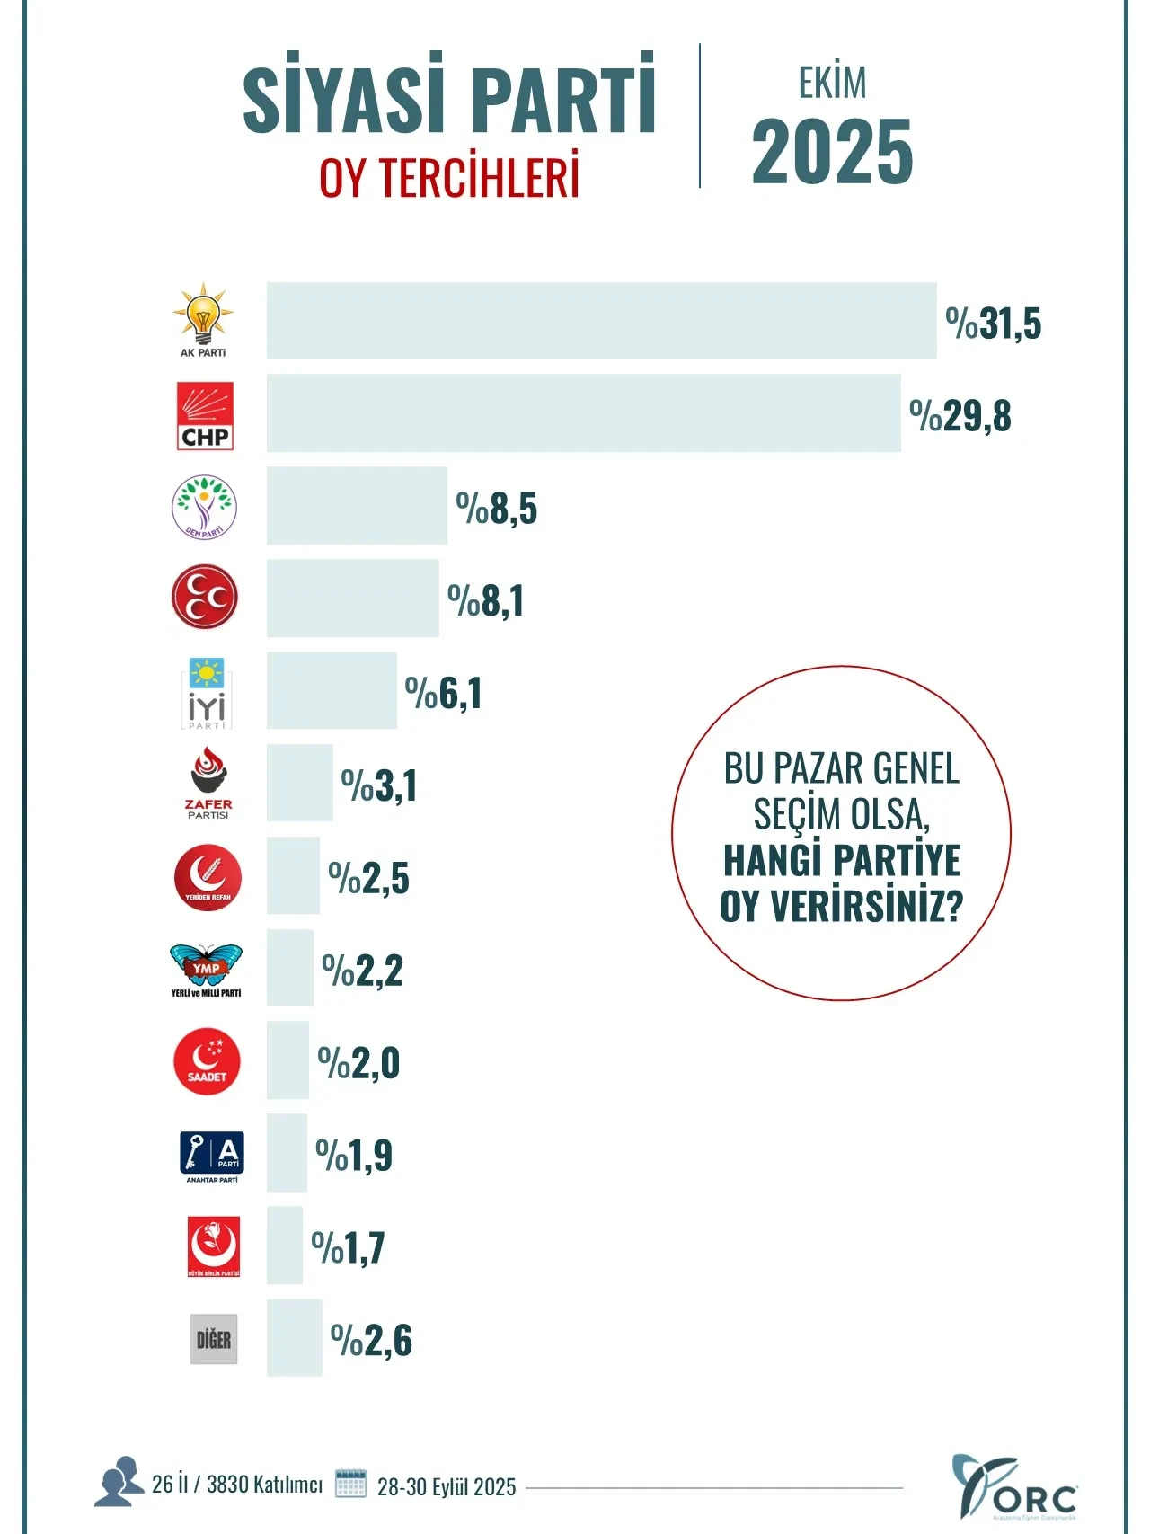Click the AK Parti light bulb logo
203,319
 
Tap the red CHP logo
205,415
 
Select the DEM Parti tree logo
204,508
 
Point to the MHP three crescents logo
205,598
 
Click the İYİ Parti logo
206,693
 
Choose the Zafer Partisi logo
208,783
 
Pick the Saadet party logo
207,1061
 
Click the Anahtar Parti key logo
212,1156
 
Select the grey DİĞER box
214,1339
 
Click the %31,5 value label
993,324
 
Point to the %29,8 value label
960,416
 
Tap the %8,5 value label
496,509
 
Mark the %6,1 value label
443,693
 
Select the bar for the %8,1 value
352,599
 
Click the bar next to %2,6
294,1337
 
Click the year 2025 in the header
832,152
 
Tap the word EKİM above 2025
832,84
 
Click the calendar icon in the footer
350,1483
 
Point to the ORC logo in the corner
1013,1487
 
